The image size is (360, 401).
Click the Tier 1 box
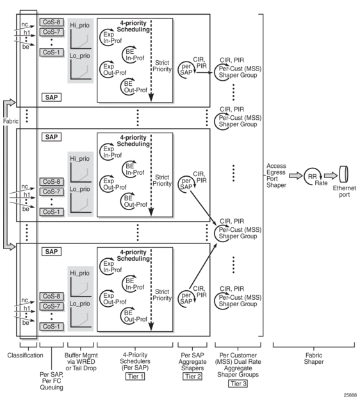pos(135,376)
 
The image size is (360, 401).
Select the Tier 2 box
pos(193,376)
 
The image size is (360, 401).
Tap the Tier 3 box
pos(238,384)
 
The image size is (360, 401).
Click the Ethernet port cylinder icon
pos(343,174)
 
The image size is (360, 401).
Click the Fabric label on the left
pos(10,121)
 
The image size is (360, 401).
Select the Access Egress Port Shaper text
pos(276,176)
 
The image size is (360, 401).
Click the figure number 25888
pos(350,395)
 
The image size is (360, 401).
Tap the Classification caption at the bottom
pos(25,356)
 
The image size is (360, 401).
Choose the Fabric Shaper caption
pos(314,358)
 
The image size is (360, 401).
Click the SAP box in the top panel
pos(51,97)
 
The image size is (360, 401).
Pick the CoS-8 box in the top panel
pos(51,22)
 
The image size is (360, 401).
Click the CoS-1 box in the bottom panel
pos(51,326)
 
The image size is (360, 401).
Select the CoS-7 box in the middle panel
pos(51,192)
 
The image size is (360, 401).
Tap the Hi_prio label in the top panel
pos(80,26)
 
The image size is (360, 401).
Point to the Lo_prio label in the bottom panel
pos(80,304)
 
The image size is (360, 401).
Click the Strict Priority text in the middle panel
pos(162,180)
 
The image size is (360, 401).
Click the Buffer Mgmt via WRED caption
pos(81,362)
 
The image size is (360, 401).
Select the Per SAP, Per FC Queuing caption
pos(51,381)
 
